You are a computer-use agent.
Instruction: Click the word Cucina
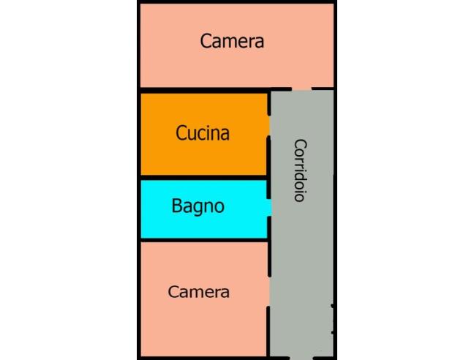(203, 133)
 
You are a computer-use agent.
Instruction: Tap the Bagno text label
(198, 206)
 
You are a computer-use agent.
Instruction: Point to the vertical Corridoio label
(301, 170)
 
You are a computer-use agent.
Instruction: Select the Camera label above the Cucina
(232, 41)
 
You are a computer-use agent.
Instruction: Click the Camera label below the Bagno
(199, 292)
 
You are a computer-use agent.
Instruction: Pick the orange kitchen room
(205, 134)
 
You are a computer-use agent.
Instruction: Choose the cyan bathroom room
(206, 209)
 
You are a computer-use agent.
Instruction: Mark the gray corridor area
(302, 224)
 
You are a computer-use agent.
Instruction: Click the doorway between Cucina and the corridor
(268, 126)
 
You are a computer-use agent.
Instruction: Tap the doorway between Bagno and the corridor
(269, 208)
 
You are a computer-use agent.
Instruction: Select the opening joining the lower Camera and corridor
(268, 292)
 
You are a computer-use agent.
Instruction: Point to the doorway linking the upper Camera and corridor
(301, 89)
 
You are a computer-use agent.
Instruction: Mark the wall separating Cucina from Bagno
(204, 177)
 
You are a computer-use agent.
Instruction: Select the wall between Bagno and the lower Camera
(204, 240)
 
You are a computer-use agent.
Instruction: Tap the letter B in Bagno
(176, 206)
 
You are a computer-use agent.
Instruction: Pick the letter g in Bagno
(197, 209)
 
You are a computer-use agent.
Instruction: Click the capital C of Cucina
(181, 133)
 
